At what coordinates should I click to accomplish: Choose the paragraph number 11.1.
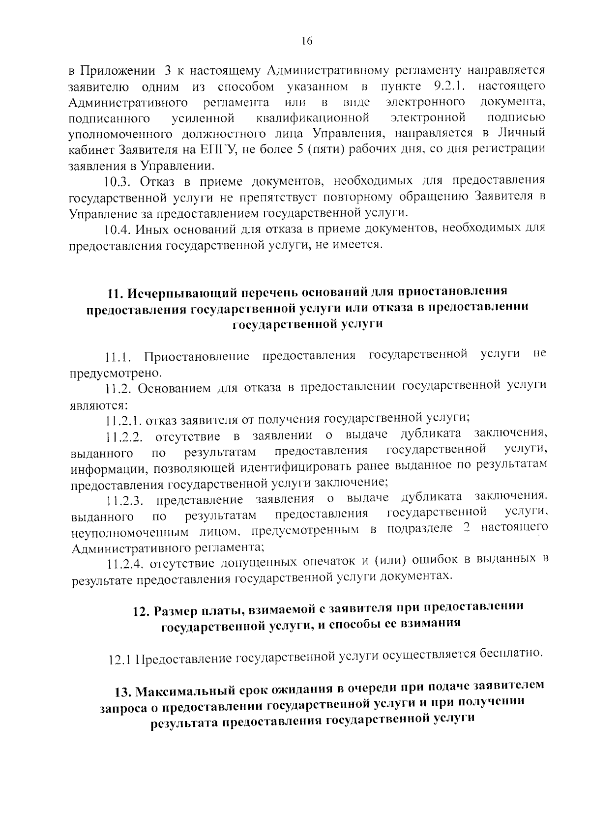(x=118, y=356)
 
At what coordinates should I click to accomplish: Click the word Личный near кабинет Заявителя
(x=522, y=133)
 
